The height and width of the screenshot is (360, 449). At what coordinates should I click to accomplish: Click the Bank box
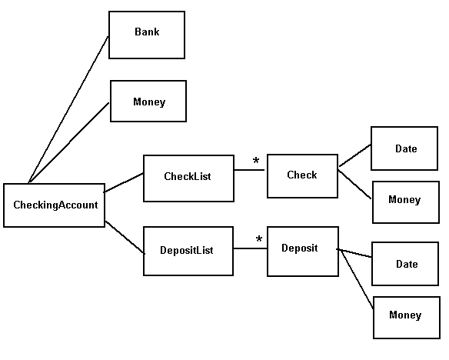tap(147, 35)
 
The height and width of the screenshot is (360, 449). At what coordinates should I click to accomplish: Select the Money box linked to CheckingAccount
tap(148, 102)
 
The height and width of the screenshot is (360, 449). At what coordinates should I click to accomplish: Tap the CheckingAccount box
tap(54, 205)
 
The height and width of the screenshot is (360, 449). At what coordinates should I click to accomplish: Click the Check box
tap(302, 176)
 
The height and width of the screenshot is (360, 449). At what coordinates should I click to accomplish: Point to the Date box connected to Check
tap(405, 148)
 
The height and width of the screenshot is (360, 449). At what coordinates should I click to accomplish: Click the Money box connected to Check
tap(405, 202)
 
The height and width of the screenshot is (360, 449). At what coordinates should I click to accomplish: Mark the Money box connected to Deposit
tap(405, 316)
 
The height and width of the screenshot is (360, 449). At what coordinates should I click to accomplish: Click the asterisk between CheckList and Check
tap(256, 162)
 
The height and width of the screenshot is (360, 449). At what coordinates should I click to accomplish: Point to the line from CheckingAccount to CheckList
tap(124, 183)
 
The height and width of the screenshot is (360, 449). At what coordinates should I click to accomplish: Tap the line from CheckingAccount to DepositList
tap(125, 237)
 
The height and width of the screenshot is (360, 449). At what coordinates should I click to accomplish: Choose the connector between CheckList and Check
tap(250, 171)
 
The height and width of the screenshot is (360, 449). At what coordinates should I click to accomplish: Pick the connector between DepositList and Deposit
tap(250, 248)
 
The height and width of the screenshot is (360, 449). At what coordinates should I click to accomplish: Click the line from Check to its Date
tap(354, 155)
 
